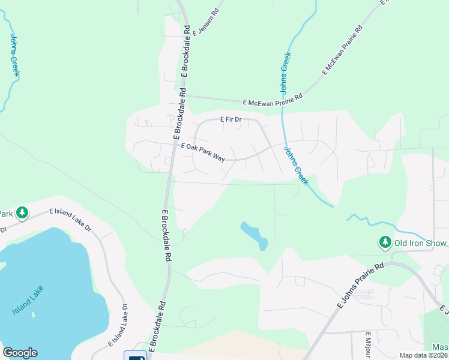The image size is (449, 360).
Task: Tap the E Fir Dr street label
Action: [230, 119]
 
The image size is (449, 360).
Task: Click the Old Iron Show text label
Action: [420, 243]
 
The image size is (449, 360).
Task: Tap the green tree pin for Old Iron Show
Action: [385, 242]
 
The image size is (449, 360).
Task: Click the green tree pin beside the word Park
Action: [22, 213]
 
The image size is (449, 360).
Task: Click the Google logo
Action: [20, 353]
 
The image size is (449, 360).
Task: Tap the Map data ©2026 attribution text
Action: [423, 355]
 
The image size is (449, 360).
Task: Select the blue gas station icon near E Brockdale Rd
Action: [135, 356]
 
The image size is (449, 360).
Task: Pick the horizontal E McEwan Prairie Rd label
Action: [273, 103]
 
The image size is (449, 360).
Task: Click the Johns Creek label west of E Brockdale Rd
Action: [15, 55]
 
